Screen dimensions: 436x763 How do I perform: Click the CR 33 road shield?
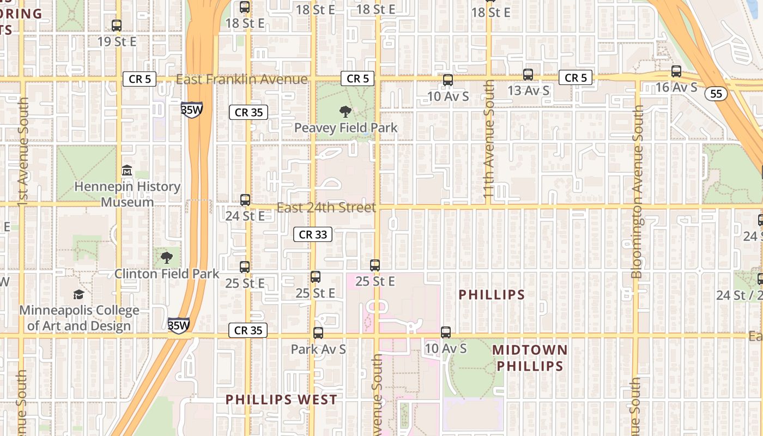click(x=313, y=234)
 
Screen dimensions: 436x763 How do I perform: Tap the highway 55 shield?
click(x=716, y=94)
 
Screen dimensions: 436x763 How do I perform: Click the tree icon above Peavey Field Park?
click(x=345, y=112)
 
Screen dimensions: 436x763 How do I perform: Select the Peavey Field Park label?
click(x=346, y=128)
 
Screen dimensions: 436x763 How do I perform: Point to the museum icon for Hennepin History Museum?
click(x=127, y=171)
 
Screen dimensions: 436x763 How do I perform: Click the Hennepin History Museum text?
click(x=127, y=194)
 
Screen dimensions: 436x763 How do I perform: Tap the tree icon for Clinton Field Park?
click(x=167, y=258)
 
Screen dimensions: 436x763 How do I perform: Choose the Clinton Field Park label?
click(x=167, y=274)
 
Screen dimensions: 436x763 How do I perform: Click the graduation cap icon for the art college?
click(x=79, y=295)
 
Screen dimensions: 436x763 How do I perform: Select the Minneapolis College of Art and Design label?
click(x=79, y=318)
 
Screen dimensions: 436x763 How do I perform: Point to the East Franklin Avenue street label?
click(x=241, y=80)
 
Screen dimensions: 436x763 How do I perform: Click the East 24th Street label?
click(x=326, y=208)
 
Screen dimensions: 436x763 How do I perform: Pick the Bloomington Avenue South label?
click(x=637, y=191)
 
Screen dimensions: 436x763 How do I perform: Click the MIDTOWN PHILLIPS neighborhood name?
click(x=530, y=358)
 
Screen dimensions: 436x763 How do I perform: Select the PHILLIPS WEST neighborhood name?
click(x=282, y=399)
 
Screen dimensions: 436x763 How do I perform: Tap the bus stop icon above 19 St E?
click(x=117, y=25)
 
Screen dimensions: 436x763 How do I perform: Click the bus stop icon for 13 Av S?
click(x=528, y=75)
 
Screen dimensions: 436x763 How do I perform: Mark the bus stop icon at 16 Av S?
click(x=676, y=71)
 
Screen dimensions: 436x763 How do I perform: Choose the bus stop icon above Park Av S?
click(x=318, y=332)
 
